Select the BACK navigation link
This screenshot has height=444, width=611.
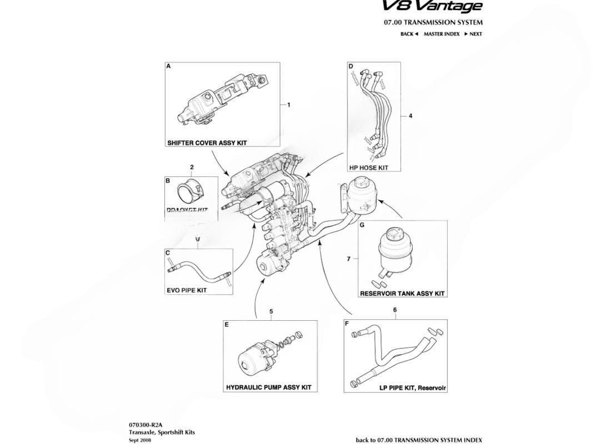point(408,34)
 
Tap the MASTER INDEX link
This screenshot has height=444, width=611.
point(441,34)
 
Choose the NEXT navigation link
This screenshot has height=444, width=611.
point(473,34)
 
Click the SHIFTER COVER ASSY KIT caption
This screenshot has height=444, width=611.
point(207,143)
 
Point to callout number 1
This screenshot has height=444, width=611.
point(288,104)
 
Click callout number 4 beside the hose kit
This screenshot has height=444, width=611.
point(410,116)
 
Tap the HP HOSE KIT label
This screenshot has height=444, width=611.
point(369,167)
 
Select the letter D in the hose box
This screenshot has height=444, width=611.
point(351,66)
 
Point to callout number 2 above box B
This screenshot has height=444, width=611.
point(192,167)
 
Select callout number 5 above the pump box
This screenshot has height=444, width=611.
point(271,312)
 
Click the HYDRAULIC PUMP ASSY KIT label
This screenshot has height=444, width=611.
point(268,387)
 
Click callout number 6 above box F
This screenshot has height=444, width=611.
point(395,310)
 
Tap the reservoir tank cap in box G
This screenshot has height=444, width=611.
point(394,233)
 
